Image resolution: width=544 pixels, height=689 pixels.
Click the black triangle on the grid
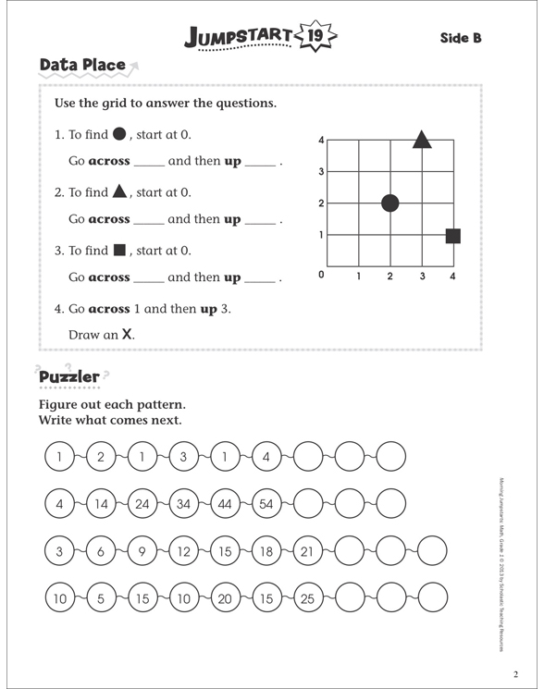tap(422, 140)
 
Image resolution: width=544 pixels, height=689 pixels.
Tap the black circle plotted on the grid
tap(390, 203)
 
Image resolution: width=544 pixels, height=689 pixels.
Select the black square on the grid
tap(452, 236)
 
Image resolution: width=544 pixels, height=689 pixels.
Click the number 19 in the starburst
tap(315, 37)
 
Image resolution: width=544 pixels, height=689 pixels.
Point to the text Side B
tap(461, 38)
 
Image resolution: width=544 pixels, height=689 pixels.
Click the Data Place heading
tap(82, 65)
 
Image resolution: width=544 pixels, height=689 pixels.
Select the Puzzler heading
tap(68, 377)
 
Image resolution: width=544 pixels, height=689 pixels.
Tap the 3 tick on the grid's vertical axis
tap(321, 172)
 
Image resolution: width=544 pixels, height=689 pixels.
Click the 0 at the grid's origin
tap(321, 275)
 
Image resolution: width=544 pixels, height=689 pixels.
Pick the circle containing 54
tap(266, 504)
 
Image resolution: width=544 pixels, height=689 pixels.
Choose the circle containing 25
tap(307, 599)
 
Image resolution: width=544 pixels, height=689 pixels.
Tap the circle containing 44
tap(224, 504)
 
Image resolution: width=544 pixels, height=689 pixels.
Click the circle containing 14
tap(101, 504)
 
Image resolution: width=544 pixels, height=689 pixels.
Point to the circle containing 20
tap(224, 599)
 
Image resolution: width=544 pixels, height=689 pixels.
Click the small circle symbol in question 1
tap(118, 133)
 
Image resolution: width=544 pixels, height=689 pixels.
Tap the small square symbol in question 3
tap(118, 250)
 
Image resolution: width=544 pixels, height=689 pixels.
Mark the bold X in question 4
tap(128, 335)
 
